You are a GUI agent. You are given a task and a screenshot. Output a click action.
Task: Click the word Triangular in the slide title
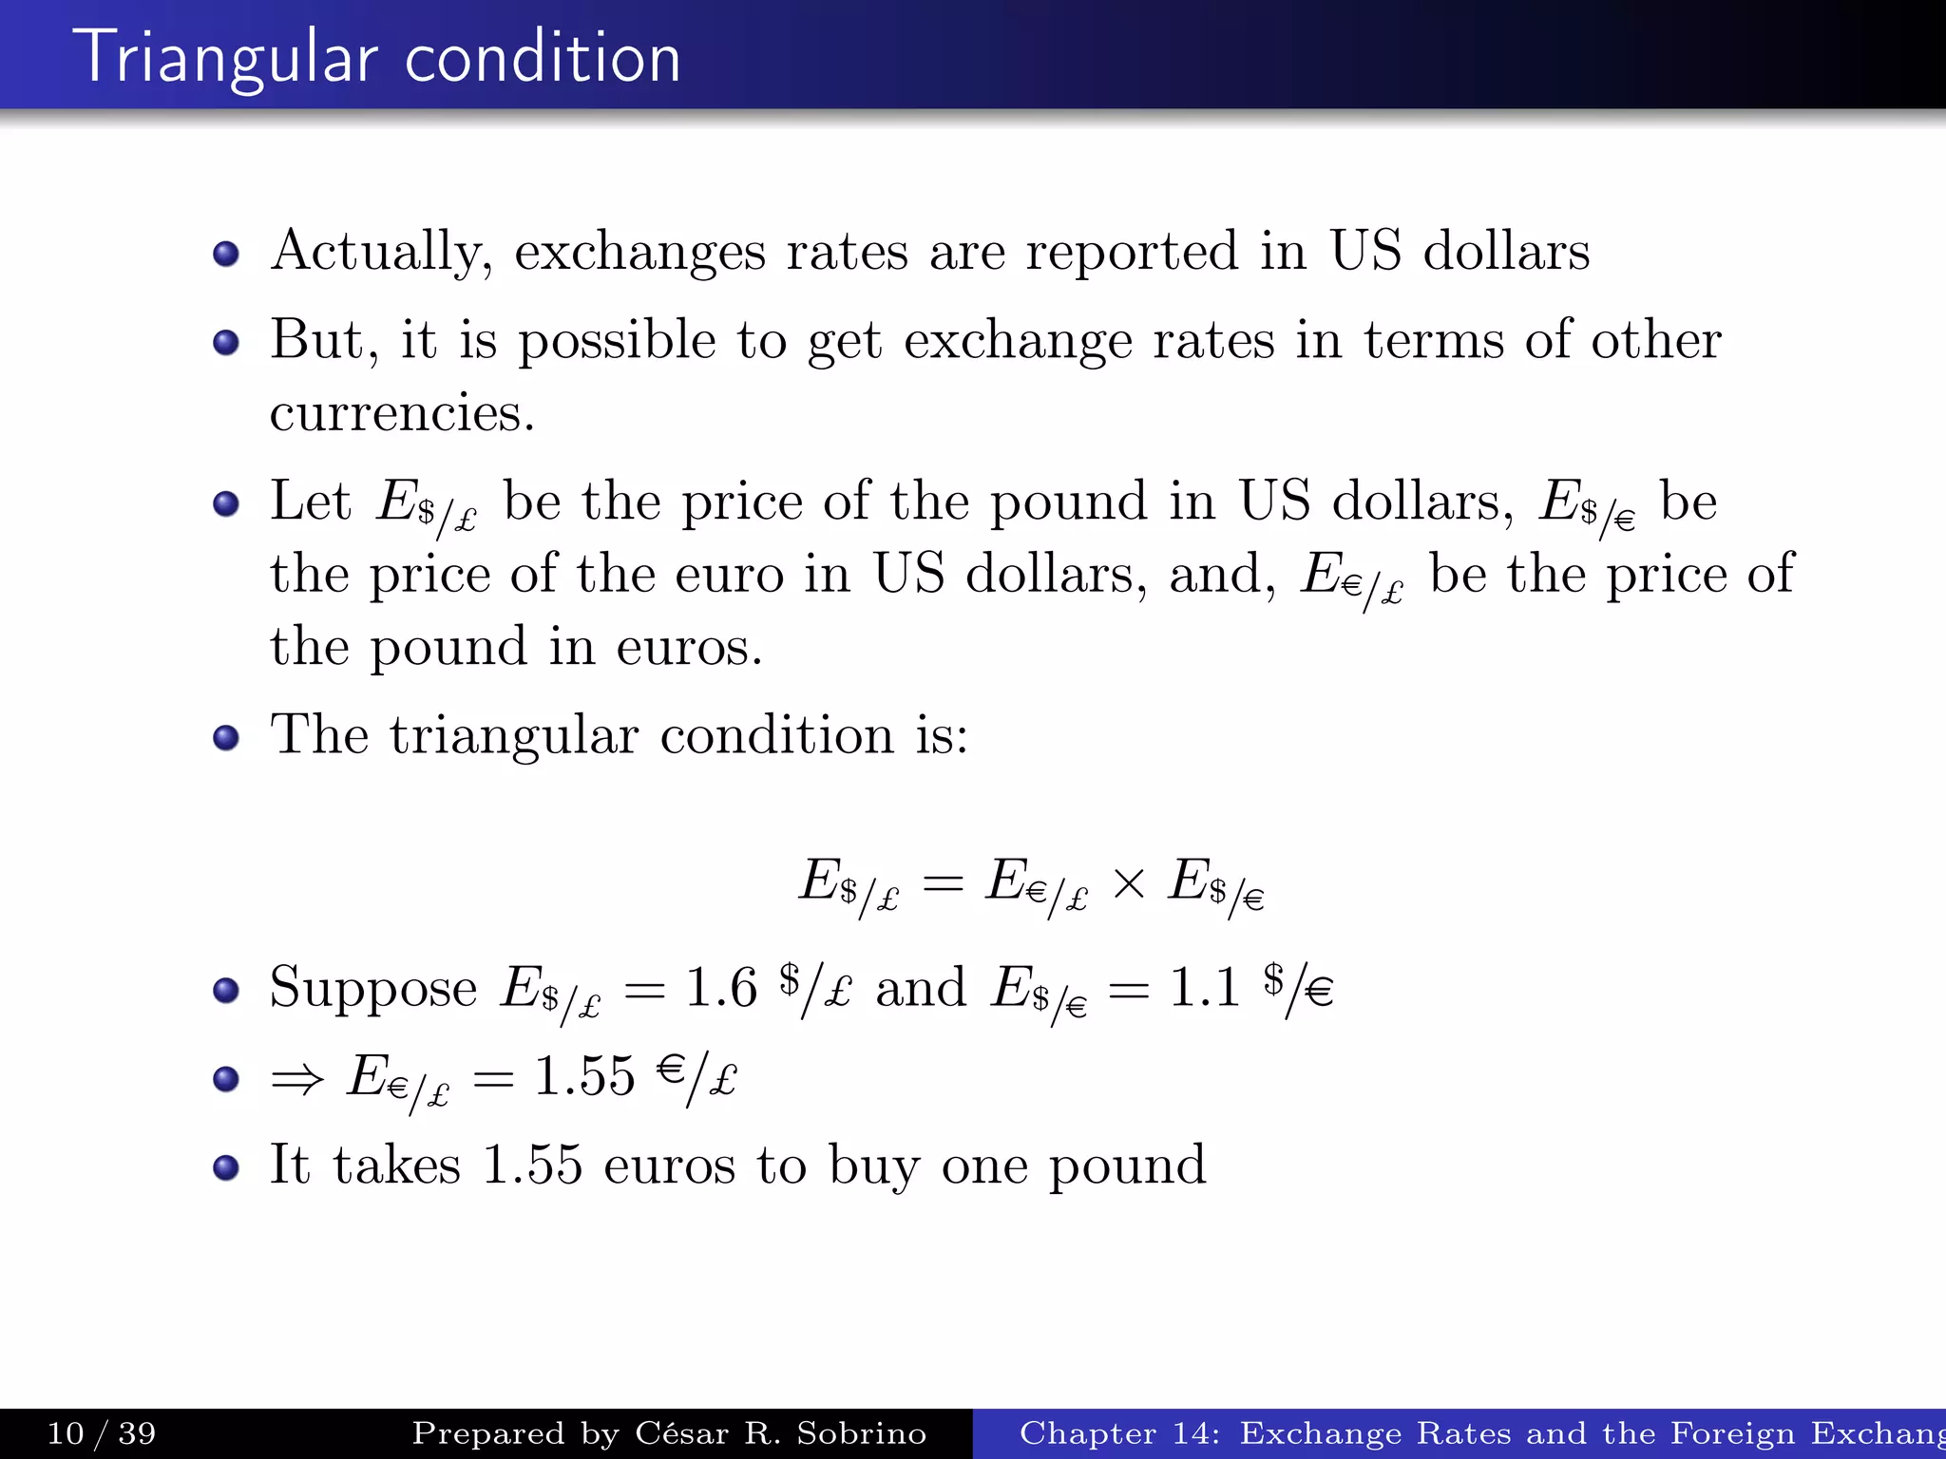231,58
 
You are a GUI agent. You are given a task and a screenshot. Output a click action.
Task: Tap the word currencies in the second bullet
402,413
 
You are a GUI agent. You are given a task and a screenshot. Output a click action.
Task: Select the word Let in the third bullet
311,501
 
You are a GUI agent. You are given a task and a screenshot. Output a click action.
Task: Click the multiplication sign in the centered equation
1128,884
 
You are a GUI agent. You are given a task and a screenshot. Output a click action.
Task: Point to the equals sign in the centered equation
943,884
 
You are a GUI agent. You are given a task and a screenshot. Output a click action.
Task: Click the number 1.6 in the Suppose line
721,988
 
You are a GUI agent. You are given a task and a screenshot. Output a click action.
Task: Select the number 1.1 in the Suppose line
1205,988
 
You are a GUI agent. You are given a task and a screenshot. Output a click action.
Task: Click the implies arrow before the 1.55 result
297,1079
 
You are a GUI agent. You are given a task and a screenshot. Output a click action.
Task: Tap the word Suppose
373,988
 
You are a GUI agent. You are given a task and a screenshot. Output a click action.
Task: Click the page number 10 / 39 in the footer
102,1433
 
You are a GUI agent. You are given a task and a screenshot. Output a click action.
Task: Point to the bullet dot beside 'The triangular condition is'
226,738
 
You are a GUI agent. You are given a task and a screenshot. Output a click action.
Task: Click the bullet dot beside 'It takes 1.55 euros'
226,1167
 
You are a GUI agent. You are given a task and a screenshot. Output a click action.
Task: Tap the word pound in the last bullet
1127,1166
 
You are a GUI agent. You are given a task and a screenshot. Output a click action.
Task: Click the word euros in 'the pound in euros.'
689,648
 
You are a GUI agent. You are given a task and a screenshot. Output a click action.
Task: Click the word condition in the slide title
543,58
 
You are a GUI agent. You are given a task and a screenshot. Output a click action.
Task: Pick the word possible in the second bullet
617,341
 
